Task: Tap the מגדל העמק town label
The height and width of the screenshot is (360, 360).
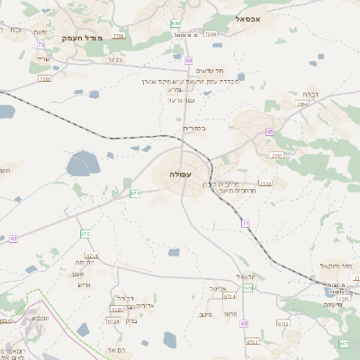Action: (84, 38)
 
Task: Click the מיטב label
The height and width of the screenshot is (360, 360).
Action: (203, 314)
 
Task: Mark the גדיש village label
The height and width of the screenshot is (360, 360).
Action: (85, 284)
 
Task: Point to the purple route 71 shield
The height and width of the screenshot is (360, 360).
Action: (245, 223)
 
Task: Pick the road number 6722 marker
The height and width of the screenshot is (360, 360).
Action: (283, 323)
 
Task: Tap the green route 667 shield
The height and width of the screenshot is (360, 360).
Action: (343, 344)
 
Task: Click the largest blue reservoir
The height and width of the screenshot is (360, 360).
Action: (83, 164)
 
